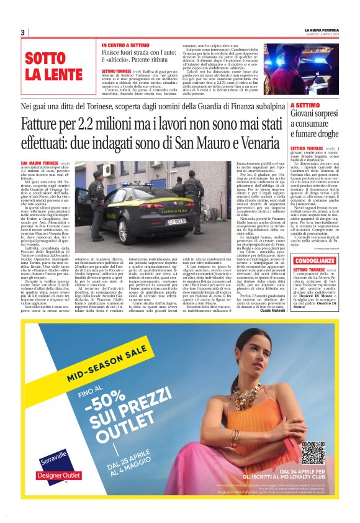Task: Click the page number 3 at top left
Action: tap(22, 32)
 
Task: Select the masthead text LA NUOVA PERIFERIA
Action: tap(322, 29)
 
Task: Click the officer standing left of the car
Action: tap(96, 204)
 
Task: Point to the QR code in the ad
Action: tap(313, 453)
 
